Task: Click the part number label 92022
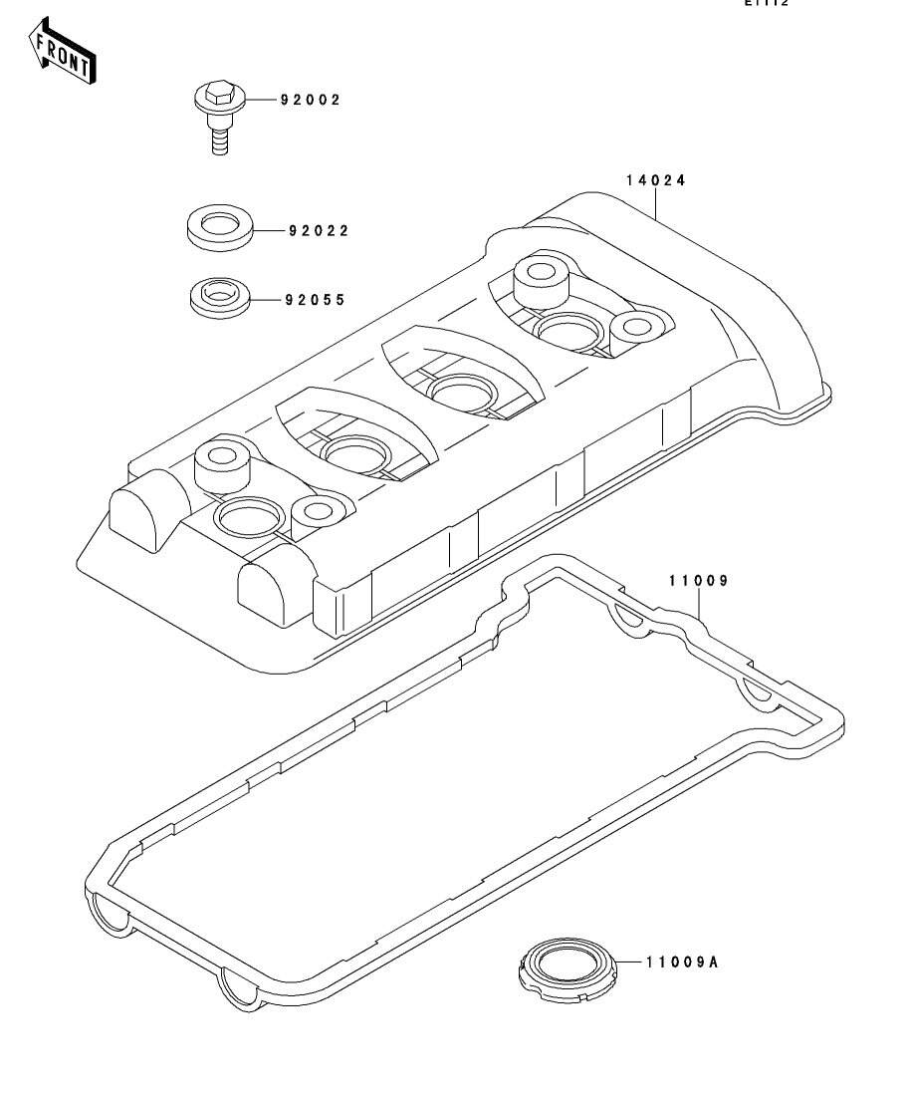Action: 320,231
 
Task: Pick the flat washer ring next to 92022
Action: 219,227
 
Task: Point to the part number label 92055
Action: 315,299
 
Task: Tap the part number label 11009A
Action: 676,963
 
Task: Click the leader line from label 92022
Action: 268,231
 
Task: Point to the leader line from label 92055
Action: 265,299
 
